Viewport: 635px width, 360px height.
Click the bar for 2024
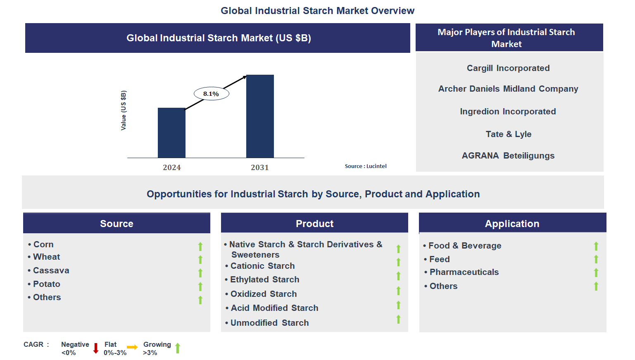click(171, 133)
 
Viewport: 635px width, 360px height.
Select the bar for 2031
click(260, 116)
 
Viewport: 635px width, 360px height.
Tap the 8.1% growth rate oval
click(211, 94)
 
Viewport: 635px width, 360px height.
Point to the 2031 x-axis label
click(259, 167)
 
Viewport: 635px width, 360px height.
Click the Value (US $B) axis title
click(123, 110)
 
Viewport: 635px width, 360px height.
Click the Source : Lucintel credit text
click(366, 166)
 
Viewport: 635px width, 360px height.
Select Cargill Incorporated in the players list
click(508, 68)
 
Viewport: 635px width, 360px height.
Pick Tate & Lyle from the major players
click(508, 134)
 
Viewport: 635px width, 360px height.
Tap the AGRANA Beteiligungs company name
click(508, 156)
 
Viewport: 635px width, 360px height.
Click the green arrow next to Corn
click(200, 246)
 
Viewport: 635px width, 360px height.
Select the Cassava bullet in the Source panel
click(51, 270)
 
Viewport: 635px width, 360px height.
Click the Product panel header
click(314, 223)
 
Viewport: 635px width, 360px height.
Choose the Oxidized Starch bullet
click(263, 294)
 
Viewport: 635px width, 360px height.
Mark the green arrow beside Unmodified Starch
click(398, 319)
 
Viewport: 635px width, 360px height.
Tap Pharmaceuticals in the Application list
click(464, 272)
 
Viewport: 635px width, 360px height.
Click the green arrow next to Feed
click(596, 259)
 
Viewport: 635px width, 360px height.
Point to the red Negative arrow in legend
click(96, 348)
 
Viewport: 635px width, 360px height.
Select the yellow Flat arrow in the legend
click(132, 347)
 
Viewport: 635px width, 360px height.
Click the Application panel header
click(512, 223)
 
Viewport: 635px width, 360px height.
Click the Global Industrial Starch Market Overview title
click(317, 11)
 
